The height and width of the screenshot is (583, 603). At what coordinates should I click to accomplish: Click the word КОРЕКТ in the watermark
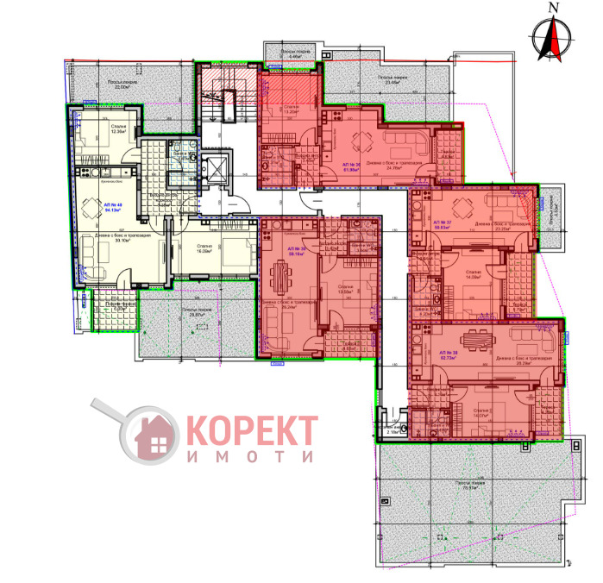(251, 429)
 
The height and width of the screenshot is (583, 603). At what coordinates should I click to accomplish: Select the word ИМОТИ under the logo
(251, 459)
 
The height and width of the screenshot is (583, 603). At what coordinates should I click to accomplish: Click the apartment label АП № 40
(113, 205)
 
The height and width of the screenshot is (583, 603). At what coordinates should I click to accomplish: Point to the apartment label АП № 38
(448, 354)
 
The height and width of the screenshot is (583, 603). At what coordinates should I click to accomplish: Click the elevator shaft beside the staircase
(216, 168)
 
